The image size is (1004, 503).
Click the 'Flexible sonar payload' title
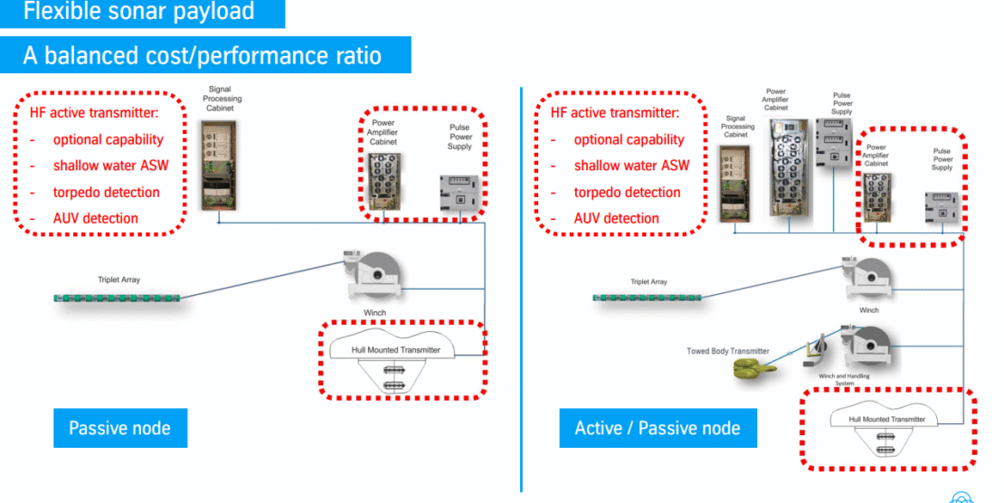point(138,12)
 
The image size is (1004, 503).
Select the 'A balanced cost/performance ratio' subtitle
point(202,55)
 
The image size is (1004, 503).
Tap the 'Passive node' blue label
point(119,427)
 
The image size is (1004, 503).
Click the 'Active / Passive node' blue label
point(657,427)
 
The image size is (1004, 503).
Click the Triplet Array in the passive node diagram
point(118,297)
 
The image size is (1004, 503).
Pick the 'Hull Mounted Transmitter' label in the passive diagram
point(395,349)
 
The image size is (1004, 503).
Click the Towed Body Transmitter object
point(752,366)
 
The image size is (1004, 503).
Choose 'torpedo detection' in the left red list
point(106,192)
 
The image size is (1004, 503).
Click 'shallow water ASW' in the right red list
point(631,165)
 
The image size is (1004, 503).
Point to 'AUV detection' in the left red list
point(95,218)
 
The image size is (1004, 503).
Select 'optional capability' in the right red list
point(629,139)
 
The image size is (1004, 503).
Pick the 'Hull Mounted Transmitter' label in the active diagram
point(886,419)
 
